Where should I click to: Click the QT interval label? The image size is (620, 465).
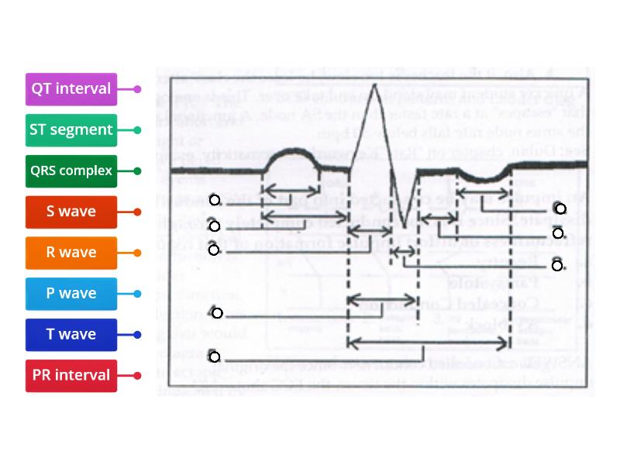pyautogui.click(x=71, y=89)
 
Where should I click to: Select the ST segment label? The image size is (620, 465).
pyautogui.click(x=71, y=130)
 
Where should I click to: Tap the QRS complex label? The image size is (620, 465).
pyautogui.click(x=71, y=171)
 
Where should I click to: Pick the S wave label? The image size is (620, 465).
pyautogui.click(x=71, y=212)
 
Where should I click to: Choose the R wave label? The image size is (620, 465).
pyautogui.click(x=71, y=253)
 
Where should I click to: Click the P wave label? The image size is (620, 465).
pyautogui.click(x=71, y=294)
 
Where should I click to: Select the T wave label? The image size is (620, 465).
pyautogui.click(x=71, y=335)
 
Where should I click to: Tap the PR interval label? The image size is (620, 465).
pyautogui.click(x=71, y=376)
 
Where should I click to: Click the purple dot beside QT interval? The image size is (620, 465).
pyautogui.click(x=138, y=89)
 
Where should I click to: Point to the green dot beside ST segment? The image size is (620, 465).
pyautogui.click(x=138, y=130)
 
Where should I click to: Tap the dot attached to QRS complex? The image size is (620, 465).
pyautogui.click(x=138, y=171)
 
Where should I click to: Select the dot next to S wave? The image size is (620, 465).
pyautogui.click(x=138, y=212)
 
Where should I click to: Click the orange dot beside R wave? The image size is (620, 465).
pyautogui.click(x=138, y=253)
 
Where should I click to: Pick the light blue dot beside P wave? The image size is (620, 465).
pyautogui.click(x=138, y=294)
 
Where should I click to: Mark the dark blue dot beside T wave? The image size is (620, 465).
pyautogui.click(x=138, y=335)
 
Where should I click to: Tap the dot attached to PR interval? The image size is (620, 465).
pyautogui.click(x=138, y=376)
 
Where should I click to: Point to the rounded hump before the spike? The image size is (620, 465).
pyautogui.click(x=294, y=153)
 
